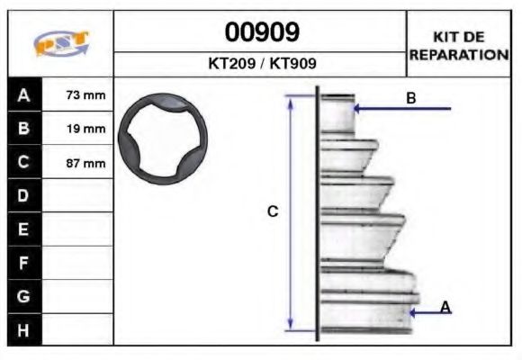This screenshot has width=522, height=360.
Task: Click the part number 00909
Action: [261, 33]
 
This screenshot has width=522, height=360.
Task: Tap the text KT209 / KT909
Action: [261, 65]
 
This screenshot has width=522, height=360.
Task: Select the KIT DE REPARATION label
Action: [458, 46]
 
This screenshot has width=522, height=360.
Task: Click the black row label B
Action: [24, 129]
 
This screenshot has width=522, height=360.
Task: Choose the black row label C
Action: [24, 163]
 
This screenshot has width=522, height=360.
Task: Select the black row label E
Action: [24, 229]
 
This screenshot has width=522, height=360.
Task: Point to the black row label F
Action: [24, 263]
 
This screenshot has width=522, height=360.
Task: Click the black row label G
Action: [24, 296]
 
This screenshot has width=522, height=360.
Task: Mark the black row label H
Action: [24, 329]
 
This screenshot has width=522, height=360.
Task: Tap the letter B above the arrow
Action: [411, 98]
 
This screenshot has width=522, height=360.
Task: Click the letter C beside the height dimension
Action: [273, 212]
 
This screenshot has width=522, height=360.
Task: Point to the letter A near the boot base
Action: [445, 308]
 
